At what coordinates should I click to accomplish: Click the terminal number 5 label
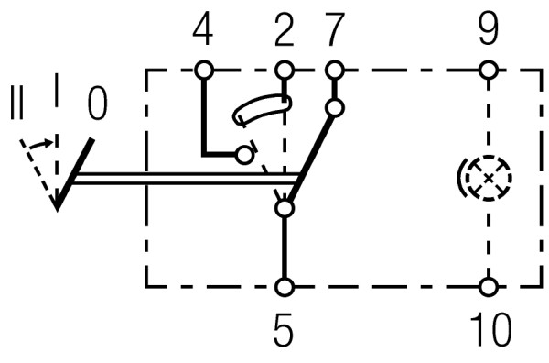(x=285, y=330)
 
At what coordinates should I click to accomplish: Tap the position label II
(x=16, y=103)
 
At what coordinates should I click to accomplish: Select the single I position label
(x=57, y=92)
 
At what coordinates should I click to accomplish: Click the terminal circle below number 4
(x=202, y=69)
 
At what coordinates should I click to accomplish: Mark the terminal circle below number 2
(x=285, y=69)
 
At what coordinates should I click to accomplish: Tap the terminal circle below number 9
(x=489, y=69)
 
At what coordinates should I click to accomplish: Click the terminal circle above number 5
(x=285, y=287)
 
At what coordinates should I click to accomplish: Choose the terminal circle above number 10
(x=489, y=287)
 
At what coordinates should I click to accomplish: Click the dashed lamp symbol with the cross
(x=485, y=177)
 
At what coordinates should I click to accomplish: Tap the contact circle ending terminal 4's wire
(x=244, y=155)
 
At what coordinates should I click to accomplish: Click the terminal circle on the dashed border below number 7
(x=335, y=69)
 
